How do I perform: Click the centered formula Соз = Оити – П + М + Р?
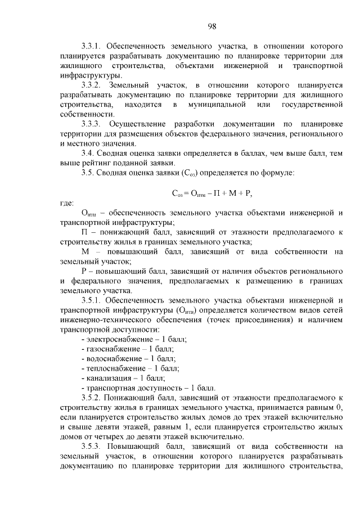pyautogui.click(x=211, y=193)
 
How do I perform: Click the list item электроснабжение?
pyautogui.click(x=116, y=339)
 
